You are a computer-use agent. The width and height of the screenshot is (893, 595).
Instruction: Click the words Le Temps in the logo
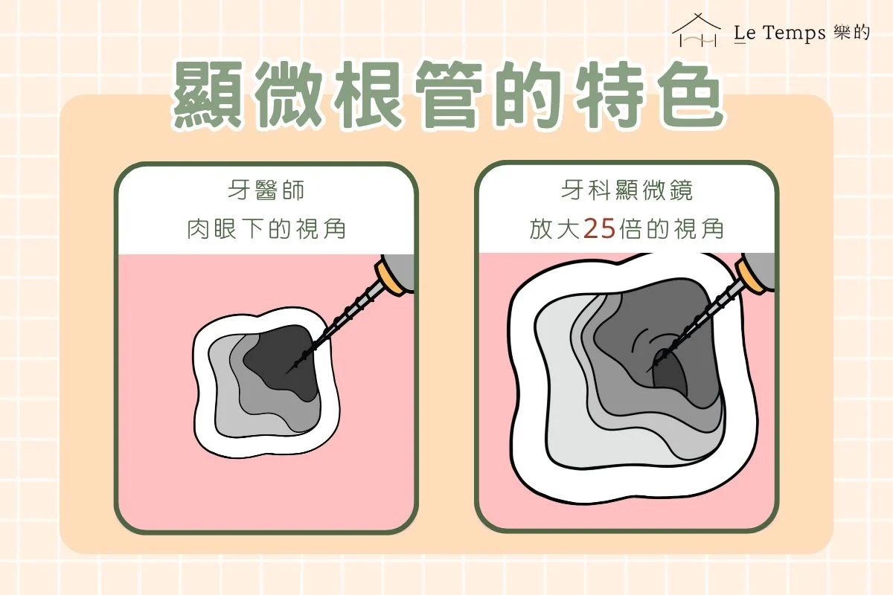(x=778, y=33)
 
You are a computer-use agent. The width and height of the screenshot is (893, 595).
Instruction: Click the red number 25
(x=599, y=229)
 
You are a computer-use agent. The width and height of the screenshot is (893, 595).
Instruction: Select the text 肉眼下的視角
(x=266, y=229)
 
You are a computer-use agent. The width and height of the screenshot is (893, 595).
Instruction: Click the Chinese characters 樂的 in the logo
(x=852, y=33)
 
